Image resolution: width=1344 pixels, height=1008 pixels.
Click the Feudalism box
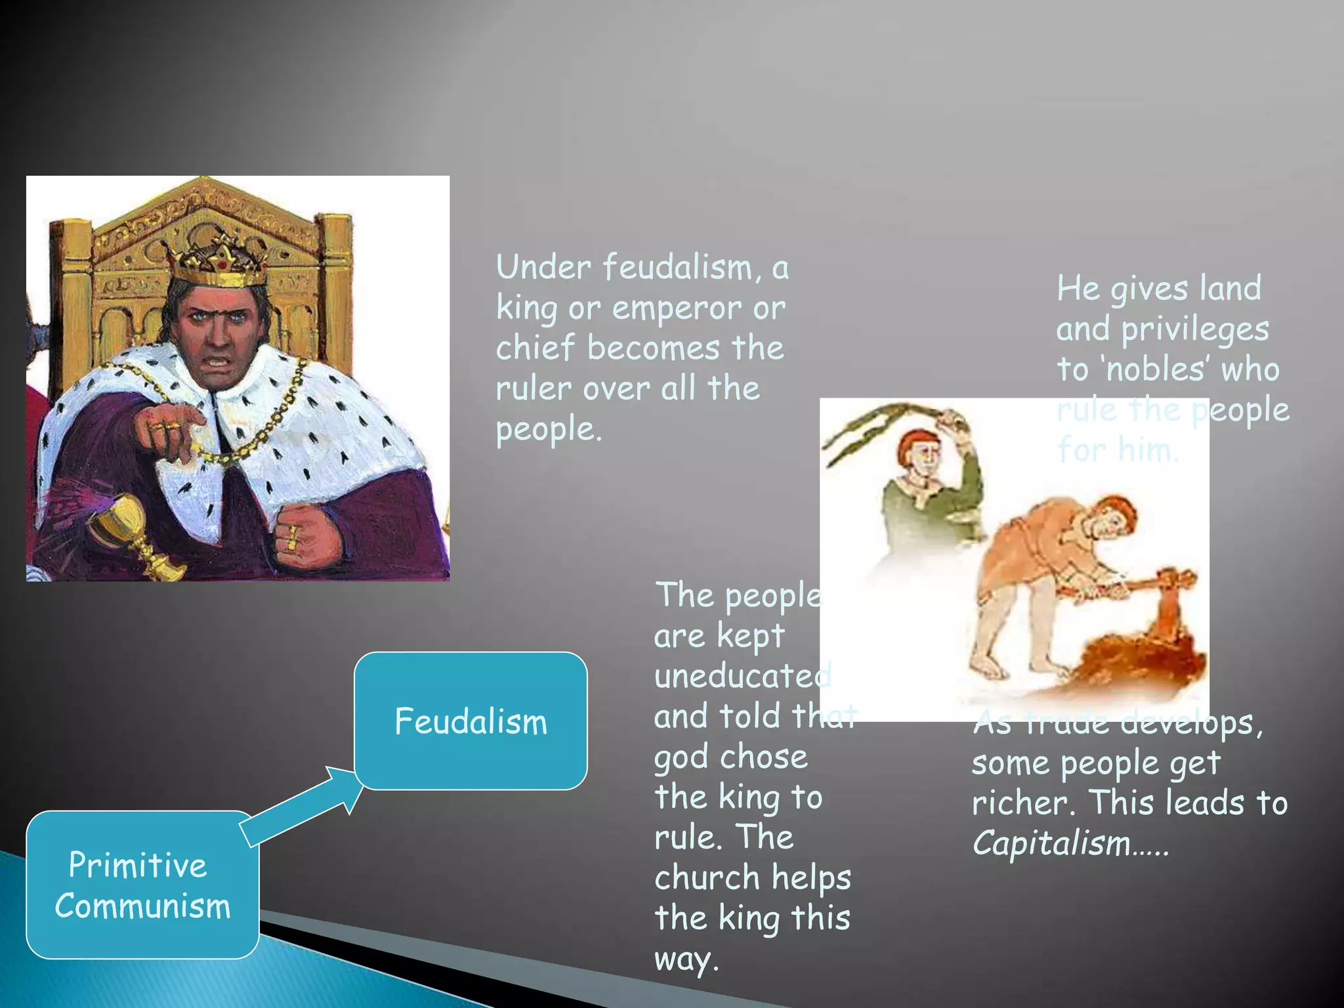tap(471, 721)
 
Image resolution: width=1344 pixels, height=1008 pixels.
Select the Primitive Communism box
tap(142, 885)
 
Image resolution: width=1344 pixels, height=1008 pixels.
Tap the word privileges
tap(1194, 329)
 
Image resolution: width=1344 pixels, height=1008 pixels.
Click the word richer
tap(1024, 803)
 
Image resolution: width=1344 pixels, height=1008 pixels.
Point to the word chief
tap(535, 348)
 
